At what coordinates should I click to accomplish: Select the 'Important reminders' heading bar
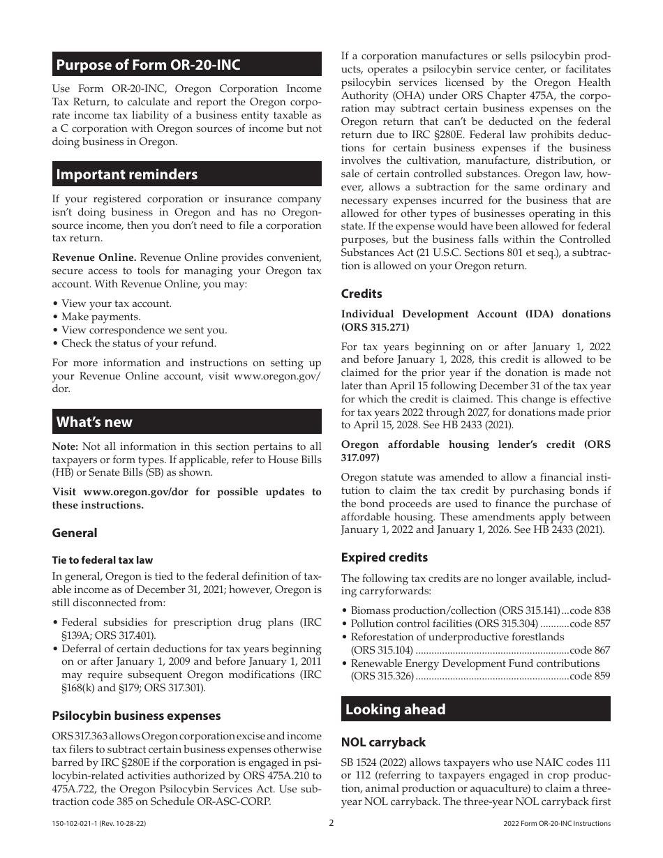pyautogui.click(x=126, y=174)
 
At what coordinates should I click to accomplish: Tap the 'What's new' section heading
pyautogui.click(x=94, y=422)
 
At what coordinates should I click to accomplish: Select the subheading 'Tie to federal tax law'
pyautogui.click(x=102, y=560)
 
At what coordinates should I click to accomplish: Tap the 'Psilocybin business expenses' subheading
pyautogui.click(x=136, y=716)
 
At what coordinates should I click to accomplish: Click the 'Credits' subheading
pyautogui.click(x=362, y=294)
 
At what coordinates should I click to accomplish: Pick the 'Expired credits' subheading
pyautogui.click(x=384, y=557)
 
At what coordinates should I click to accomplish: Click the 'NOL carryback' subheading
pyautogui.click(x=383, y=742)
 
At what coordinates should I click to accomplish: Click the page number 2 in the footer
pyautogui.click(x=331, y=822)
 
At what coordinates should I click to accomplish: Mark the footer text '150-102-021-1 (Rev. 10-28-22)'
pyautogui.click(x=99, y=823)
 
